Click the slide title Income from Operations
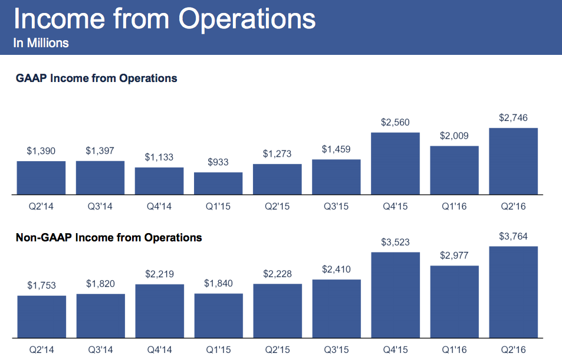[x=164, y=19]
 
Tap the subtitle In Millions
[x=41, y=43]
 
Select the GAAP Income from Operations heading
[x=96, y=78]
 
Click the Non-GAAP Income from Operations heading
[x=109, y=238]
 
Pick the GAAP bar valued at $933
[x=218, y=183]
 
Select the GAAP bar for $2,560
[x=395, y=163]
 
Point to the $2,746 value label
[x=513, y=118]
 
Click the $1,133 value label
[x=159, y=158]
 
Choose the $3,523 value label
[x=395, y=242]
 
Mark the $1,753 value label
[x=41, y=286]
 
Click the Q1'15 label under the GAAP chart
[x=218, y=207]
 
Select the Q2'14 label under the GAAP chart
[x=41, y=207]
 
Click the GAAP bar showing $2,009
[x=454, y=170]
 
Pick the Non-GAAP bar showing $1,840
[x=218, y=316]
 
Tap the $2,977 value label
[x=454, y=256]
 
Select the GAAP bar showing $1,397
[x=100, y=178]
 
